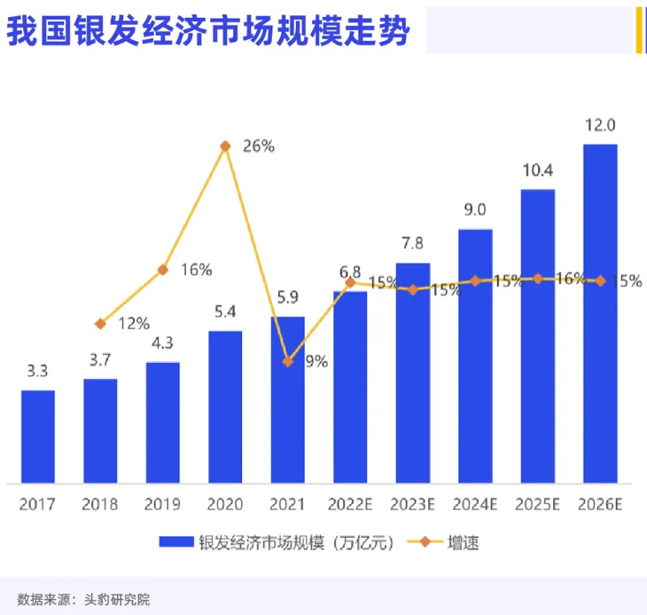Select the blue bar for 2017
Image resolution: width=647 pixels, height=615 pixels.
(38, 437)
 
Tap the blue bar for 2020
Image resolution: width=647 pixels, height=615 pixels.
(225, 407)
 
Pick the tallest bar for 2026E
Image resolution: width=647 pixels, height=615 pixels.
(600, 313)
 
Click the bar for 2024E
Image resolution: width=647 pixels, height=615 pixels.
(475, 356)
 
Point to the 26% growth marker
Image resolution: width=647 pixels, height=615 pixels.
(225, 146)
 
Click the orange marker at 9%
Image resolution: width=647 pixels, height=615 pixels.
(288, 361)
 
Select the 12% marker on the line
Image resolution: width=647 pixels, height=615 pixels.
(100, 324)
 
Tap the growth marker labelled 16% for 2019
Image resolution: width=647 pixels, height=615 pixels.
(163, 269)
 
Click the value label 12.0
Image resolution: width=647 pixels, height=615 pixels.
(600, 126)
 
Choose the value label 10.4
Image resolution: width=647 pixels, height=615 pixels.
(537, 171)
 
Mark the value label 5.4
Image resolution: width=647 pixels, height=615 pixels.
(225, 312)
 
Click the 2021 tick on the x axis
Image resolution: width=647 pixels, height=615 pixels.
(288, 504)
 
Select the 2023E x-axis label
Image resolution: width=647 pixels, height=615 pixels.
(412, 504)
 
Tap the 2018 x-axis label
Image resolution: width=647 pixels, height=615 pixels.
(100, 504)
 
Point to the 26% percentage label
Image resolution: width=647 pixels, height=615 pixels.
(259, 146)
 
